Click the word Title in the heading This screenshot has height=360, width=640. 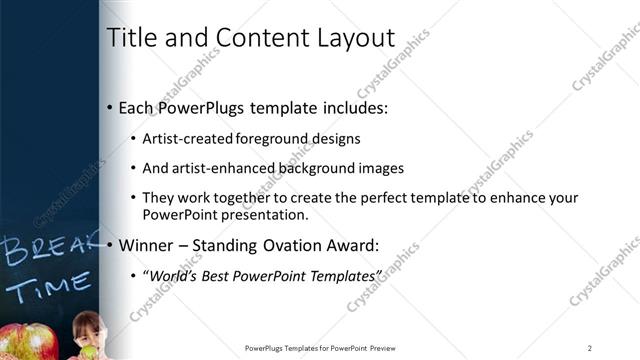click(130, 39)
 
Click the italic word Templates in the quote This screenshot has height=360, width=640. click(346, 274)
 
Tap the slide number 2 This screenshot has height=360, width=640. click(590, 348)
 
